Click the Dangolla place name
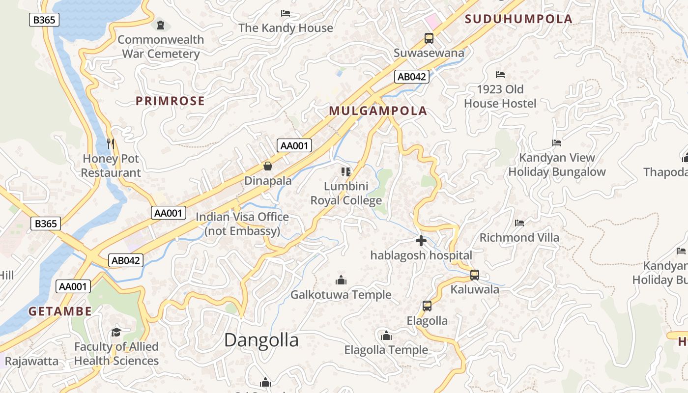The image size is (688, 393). coord(261,340)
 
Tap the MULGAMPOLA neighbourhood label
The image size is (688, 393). coord(378,111)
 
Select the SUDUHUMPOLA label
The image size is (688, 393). coord(518,19)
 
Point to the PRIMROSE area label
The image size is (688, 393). coord(170,101)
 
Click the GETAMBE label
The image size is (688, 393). coord(60,311)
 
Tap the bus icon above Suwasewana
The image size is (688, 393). coord(429,38)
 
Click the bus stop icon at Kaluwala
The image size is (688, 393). coord(475,275)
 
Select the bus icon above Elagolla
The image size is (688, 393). coord(427,306)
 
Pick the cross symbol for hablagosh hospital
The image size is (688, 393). coord(421,241)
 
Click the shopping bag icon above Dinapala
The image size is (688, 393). coord(268,166)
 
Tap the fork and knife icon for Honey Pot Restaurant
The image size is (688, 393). coord(111,144)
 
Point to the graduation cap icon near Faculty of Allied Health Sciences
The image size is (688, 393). coord(116,332)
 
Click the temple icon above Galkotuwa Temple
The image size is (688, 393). coord(341,281)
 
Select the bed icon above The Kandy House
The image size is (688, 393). coord(286,13)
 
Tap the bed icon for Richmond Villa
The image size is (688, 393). coord(519,223)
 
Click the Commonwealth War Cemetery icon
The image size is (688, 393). coord(161,25)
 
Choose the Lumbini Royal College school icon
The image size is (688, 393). coord(346,171)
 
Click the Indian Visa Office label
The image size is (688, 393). coord(242,224)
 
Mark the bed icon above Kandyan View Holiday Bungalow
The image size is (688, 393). coord(557,143)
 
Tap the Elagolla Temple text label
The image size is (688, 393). coord(386,350)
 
